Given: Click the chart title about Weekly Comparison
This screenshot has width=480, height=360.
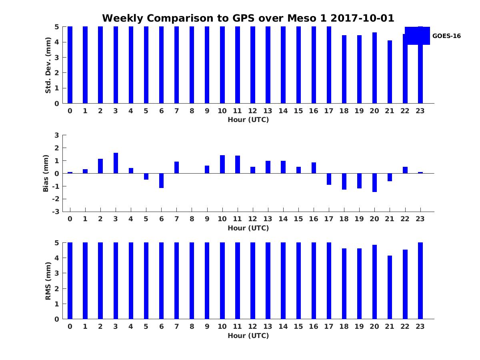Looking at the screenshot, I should click(x=248, y=18).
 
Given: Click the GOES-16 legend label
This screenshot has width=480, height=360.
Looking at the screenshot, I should click(x=446, y=36).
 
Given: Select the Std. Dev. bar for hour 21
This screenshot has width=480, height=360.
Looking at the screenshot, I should click(x=390, y=72).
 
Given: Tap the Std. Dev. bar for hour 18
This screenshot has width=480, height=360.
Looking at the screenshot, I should click(x=344, y=69).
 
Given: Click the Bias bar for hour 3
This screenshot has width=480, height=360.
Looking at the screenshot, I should click(x=116, y=163).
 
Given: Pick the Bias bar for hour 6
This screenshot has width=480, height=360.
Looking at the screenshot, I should click(x=161, y=180).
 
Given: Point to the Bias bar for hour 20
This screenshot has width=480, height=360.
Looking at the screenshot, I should click(x=374, y=182).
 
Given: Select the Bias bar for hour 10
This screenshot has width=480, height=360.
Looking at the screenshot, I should click(x=222, y=164).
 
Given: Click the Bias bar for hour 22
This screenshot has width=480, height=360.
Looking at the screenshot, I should click(x=405, y=170).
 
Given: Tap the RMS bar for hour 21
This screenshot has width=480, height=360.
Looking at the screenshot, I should click(x=390, y=287).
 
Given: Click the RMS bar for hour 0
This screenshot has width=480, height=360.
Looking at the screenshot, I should click(x=70, y=281).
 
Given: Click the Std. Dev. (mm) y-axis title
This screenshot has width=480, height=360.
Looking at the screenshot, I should click(x=48, y=65).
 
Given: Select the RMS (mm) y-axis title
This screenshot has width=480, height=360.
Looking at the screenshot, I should click(x=48, y=281).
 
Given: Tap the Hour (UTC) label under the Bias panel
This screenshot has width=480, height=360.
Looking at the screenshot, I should click(x=248, y=228).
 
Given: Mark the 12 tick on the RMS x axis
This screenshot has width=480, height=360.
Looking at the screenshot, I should click(x=252, y=326).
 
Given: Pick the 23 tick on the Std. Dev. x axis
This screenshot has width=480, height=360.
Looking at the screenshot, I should click(x=420, y=111).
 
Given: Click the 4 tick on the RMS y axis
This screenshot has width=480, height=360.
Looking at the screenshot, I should click(x=57, y=258).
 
